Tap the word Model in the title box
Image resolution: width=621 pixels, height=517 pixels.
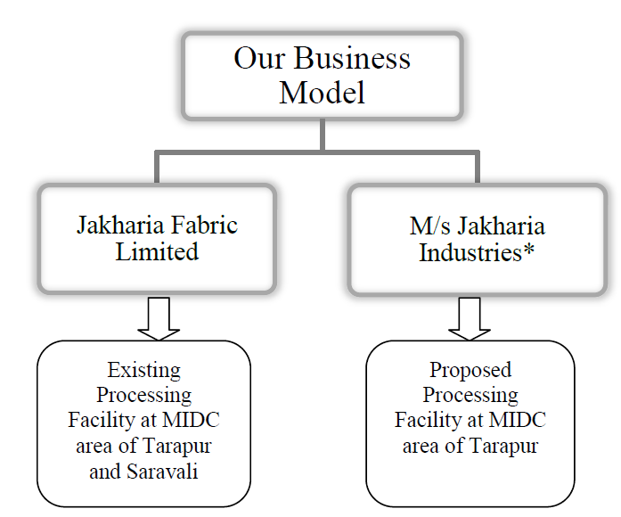pyautogui.click(x=323, y=92)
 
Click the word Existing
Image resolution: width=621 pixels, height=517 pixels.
pyautogui.click(x=143, y=369)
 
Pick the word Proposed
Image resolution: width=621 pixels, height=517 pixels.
pyautogui.click(x=470, y=369)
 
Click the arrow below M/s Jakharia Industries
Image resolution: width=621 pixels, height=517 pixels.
pyautogui.click(x=470, y=318)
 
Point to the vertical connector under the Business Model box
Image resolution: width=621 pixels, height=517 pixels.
pyautogui.click(x=323, y=135)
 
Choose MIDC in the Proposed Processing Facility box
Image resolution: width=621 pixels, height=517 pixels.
pyautogui.click(x=518, y=420)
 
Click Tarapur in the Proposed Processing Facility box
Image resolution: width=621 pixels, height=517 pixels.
pyautogui.click(x=503, y=446)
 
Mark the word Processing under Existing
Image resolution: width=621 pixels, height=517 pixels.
pyautogui.click(x=143, y=395)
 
